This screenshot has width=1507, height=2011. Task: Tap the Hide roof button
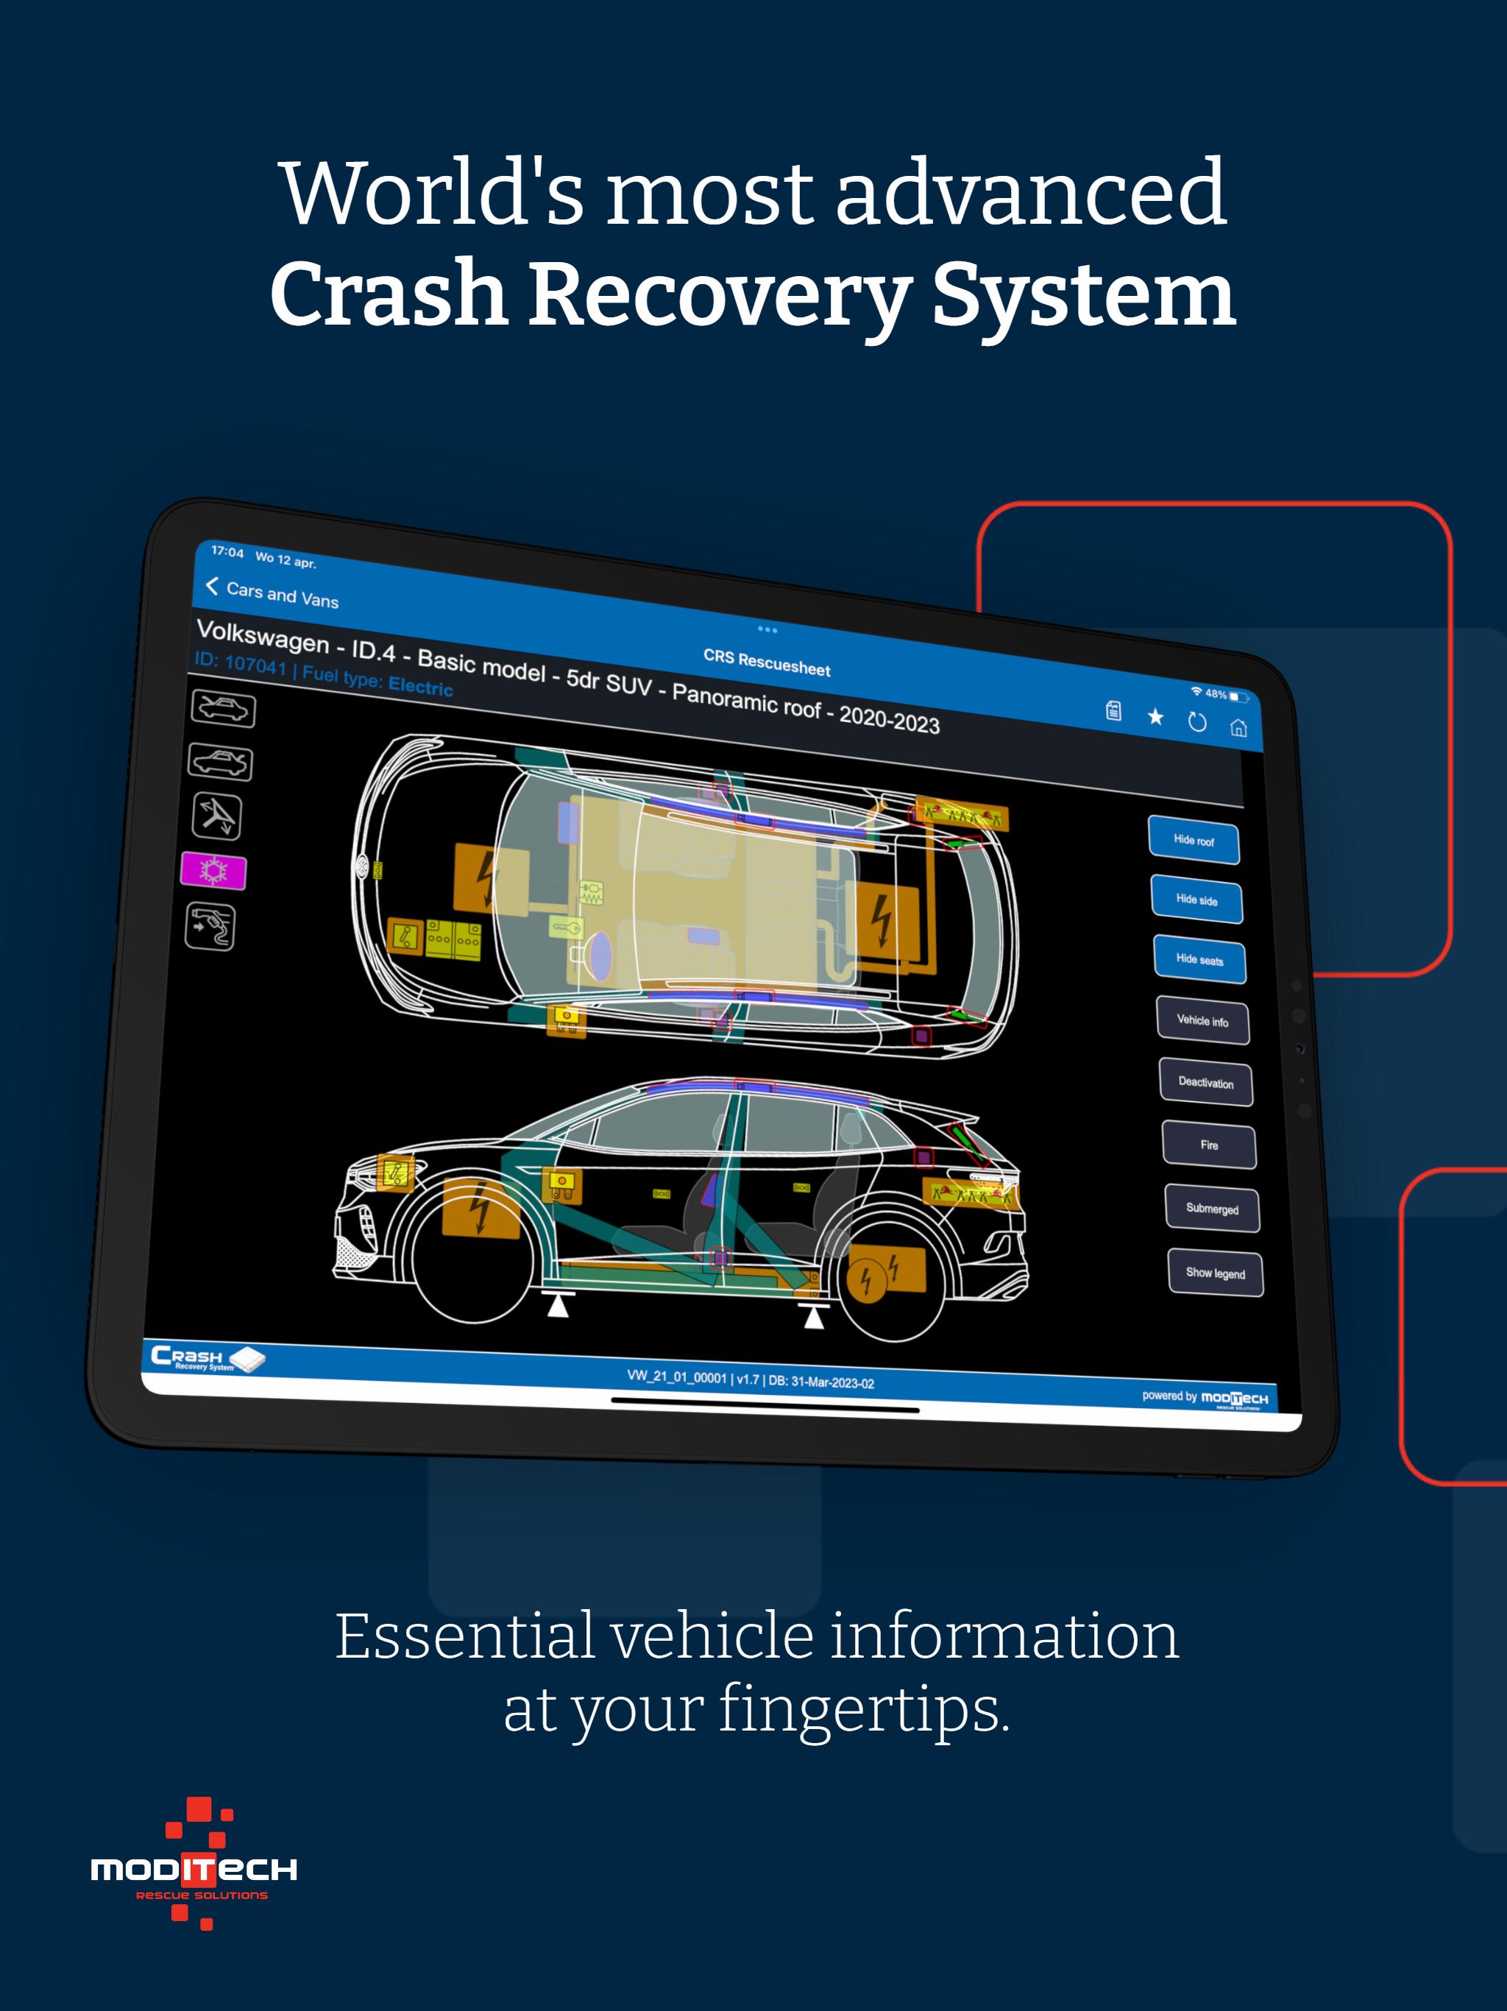click(1194, 840)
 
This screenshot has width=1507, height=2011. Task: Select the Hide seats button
click(1199, 959)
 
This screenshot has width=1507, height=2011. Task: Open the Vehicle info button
click(1202, 1020)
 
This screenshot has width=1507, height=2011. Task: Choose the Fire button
click(1209, 1145)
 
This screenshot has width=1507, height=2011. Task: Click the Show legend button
click(1215, 1273)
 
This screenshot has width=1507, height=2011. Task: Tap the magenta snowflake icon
click(213, 871)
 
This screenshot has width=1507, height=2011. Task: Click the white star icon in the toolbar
click(1155, 716)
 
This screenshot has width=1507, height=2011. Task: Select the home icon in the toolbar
click(1238, 727)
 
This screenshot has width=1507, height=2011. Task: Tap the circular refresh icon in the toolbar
click(1197, 722)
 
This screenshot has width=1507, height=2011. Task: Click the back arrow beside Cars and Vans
click(212, 587)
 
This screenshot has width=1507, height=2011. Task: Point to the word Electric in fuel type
click(420, 686)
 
